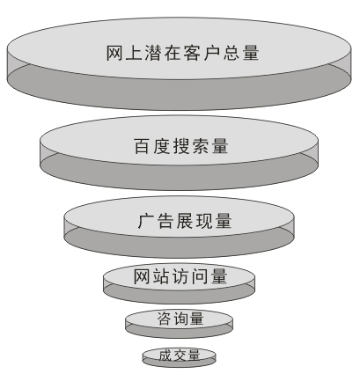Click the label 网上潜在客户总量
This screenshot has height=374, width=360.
[x=182, y=53]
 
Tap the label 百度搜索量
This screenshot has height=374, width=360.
[x=181, y=146]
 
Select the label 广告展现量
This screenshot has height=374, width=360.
[x=185, y=221]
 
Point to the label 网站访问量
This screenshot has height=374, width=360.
[x=180, y=276]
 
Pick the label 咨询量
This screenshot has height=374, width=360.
[x=180, y=319]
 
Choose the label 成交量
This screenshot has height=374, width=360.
[x=180, y=356]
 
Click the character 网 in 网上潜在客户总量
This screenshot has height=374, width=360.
[x=114, y=53]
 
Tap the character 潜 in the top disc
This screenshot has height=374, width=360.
[x=153, y=53]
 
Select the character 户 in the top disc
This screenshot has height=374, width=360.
[x=211, y=53]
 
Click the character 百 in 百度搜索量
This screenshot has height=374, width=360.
[x=143, y=146]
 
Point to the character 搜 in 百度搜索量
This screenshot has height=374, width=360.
[x=181, y=146]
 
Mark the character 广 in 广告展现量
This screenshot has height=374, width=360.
[x=146, y=221]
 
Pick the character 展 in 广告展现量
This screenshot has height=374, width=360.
[x=185, y=221]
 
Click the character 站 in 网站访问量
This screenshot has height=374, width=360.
[x=161, y=276]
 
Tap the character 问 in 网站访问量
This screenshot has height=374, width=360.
[x=200, y=276]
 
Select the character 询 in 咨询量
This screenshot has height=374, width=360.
[x=180, y=319]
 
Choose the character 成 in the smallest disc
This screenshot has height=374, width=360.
[x=165, y=356]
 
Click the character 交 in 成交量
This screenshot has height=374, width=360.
[x=180, y=356]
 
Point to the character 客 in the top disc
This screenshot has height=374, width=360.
[x=192, y=53]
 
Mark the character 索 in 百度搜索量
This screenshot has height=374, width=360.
[x=201, y=146]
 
